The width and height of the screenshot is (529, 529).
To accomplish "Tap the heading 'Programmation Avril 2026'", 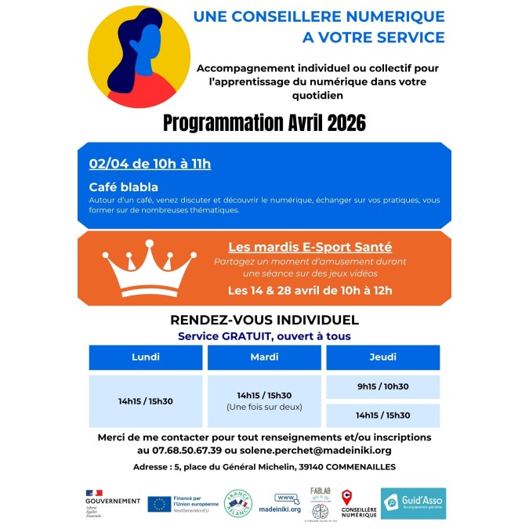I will point(264,123).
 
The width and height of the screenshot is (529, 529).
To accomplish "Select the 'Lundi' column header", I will point(145,357).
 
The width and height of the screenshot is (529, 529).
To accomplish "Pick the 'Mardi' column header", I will point(264,357).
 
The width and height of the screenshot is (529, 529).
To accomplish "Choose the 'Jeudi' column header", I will point(382,357).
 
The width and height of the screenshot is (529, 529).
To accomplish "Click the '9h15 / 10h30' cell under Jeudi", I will point(382,386).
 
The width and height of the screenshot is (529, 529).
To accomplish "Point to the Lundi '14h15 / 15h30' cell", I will point(145,401).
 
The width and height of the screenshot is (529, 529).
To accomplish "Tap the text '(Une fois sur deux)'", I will point(264,408).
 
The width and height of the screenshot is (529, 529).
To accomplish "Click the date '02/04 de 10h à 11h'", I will point(150,164).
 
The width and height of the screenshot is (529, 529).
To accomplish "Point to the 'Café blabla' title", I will point(123,187).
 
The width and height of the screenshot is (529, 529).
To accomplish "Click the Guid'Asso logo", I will point(413,503).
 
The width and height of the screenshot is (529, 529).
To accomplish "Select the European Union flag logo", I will point(159,504).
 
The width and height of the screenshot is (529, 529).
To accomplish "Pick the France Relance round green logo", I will point(238,504).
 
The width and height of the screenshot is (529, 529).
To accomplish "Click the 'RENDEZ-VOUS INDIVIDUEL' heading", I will point(264,320).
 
